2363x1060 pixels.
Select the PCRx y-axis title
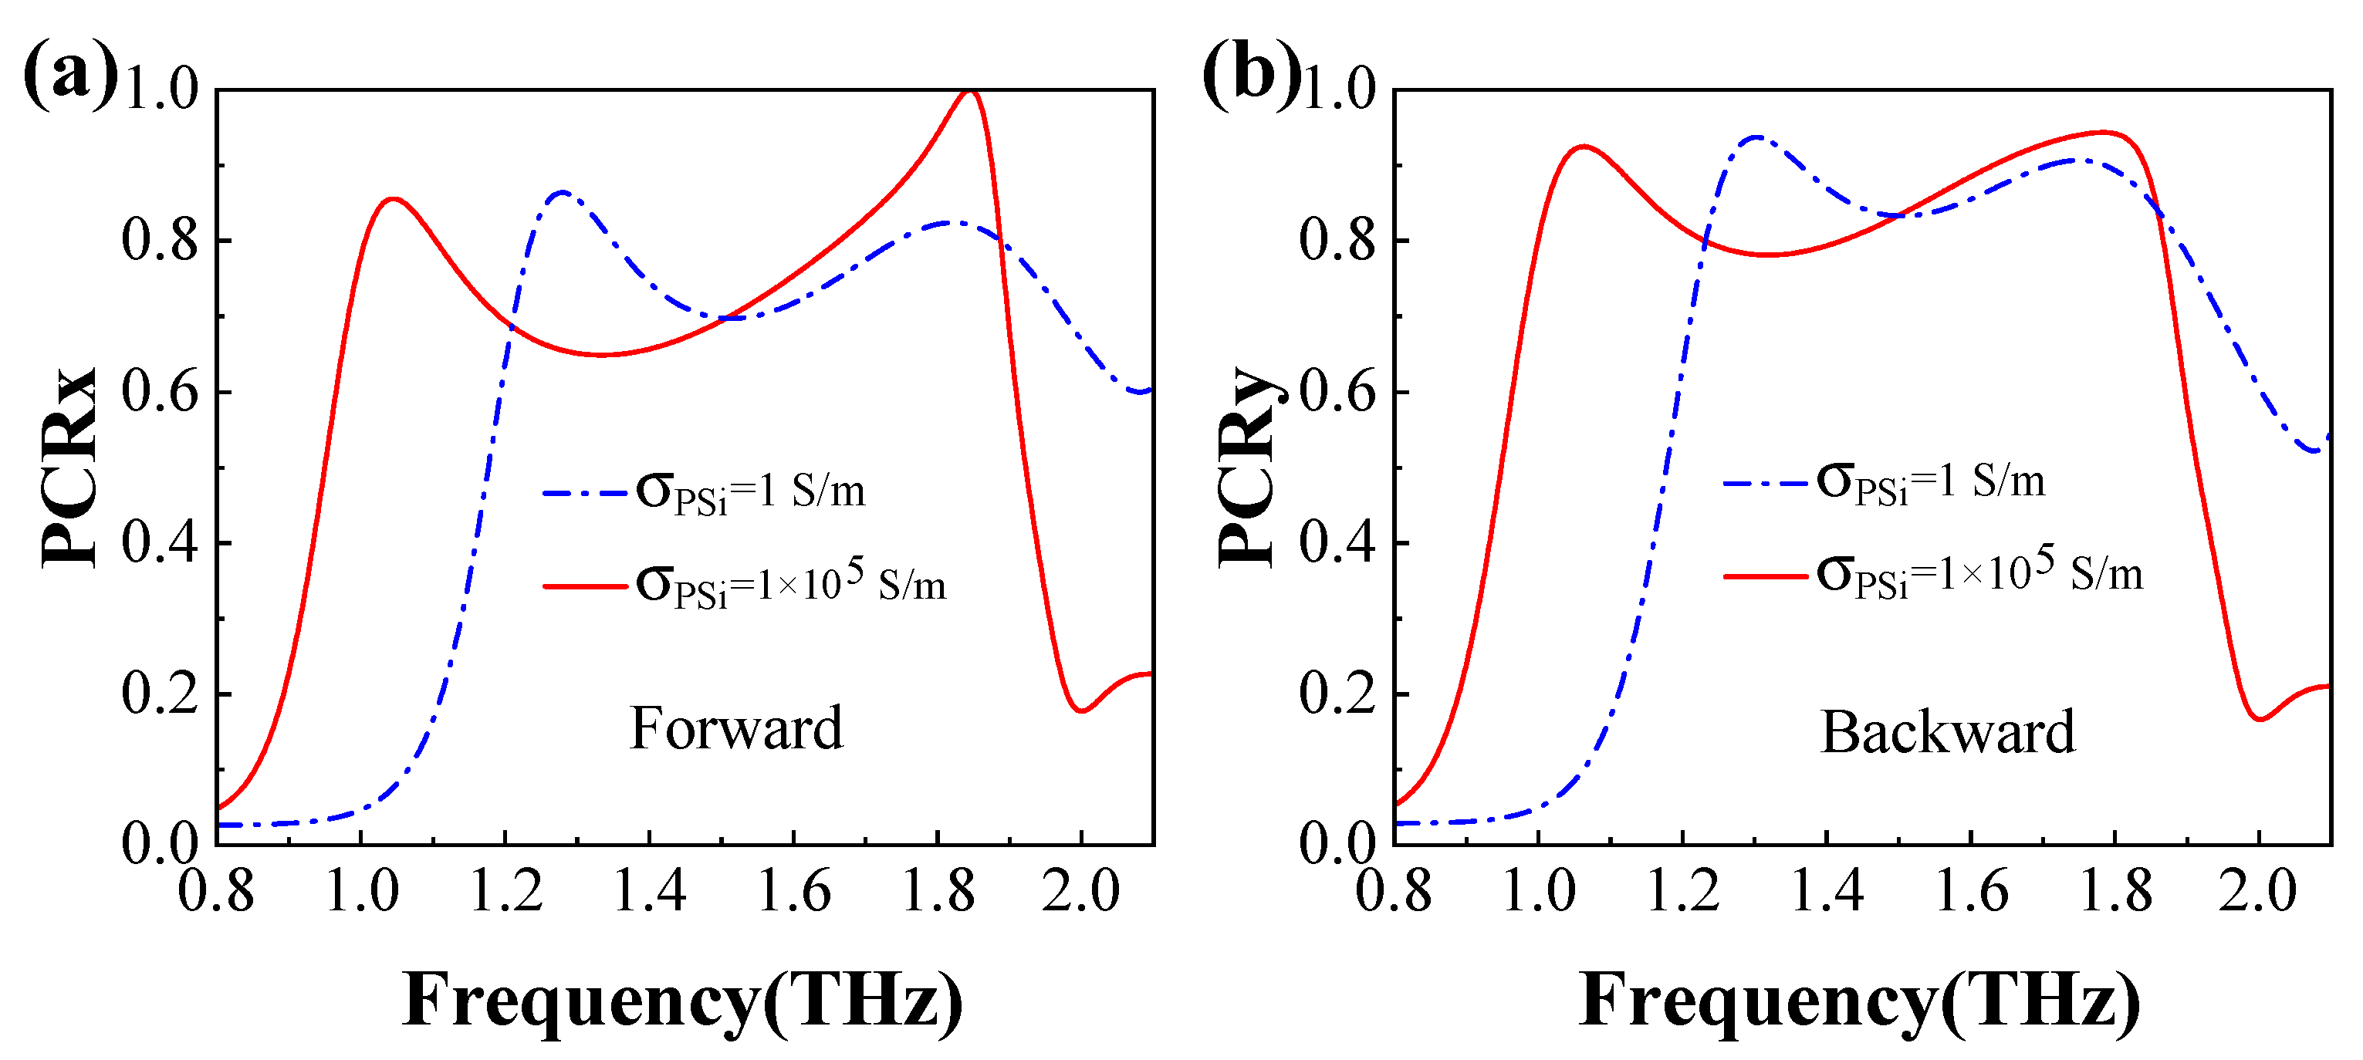[x=68, y=468]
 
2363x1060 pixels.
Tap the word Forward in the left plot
[x=735, y=728]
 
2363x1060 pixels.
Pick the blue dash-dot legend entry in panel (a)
[x=705, y=492]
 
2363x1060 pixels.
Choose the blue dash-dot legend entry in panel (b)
[x=1885, y=482]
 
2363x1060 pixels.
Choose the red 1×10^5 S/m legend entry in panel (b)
[x=1934, y=576]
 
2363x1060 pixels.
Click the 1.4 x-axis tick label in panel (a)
[x=650, y=891]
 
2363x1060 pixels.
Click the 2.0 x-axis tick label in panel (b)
[x=2258, y=891]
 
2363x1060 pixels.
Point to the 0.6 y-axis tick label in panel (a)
[x=160, y=393]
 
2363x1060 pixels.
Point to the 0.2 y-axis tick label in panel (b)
[x=1337, y=694]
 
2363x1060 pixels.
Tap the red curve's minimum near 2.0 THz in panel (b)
[x=2260, y=720]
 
